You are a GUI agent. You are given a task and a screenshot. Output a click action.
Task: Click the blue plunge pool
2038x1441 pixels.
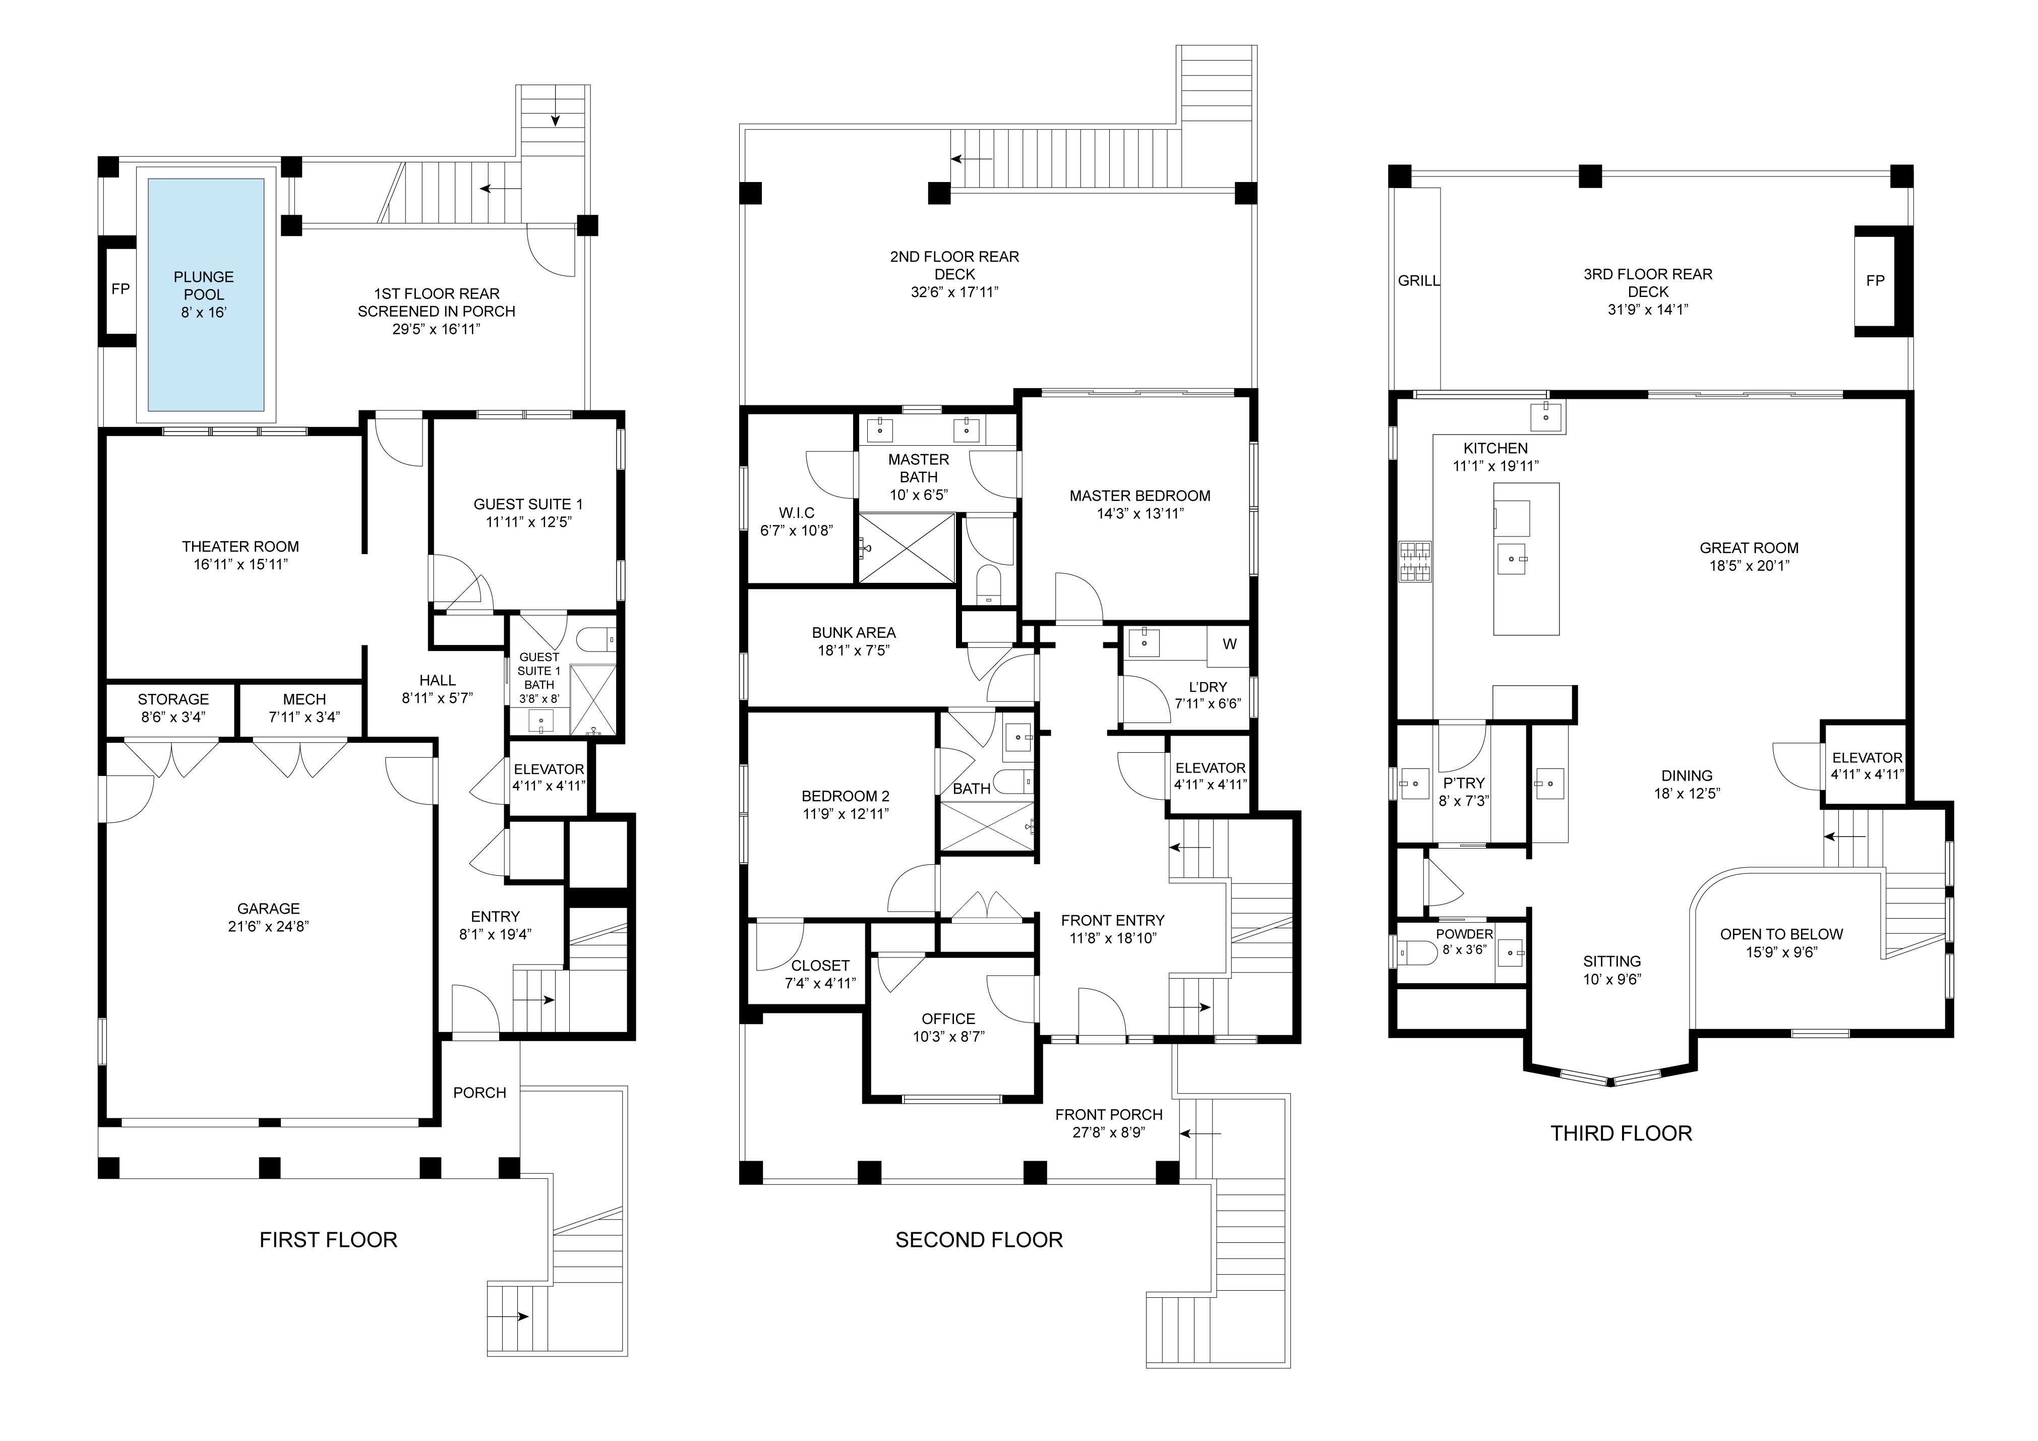(x=206, y=295)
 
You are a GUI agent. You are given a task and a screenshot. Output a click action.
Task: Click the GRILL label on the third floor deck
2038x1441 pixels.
(x=1418, y=280)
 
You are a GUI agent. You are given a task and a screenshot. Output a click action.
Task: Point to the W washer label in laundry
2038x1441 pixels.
(x=1229, y=644)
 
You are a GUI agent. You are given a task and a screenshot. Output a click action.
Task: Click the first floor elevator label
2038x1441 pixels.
(x=549, y=769)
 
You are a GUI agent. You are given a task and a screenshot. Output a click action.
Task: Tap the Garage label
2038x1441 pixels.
(x=268, y=908)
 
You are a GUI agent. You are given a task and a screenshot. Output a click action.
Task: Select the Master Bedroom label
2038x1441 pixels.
(x=1140, y=496)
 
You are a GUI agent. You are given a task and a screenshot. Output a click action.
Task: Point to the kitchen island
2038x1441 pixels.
(x=1526, y=559)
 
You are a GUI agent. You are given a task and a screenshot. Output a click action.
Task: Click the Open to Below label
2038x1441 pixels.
(x=1781, y=934)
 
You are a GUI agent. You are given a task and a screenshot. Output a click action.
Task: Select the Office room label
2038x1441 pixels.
(x=948, y=1018)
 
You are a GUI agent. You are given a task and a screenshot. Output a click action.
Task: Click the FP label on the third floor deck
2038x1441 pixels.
(x=1875, y=280)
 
